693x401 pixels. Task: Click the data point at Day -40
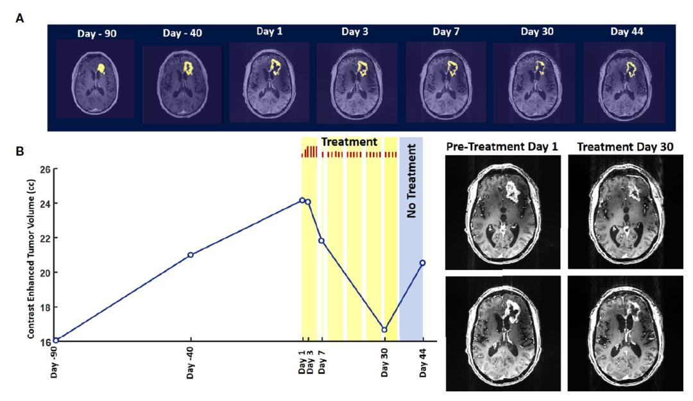coord(191,255)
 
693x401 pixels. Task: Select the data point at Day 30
coord(384,330)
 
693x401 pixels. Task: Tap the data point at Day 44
coord(422,262)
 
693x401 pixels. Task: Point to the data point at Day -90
coord(56,340)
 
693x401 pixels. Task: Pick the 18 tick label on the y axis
coord(45,307)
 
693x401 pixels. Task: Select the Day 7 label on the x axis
coord(322,363)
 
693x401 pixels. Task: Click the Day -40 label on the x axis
coord(191,364)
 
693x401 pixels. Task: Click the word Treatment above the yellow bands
coord(349,142)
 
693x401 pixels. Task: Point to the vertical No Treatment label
coord(411,182)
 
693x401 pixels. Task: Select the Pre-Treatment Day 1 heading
coord(501,148)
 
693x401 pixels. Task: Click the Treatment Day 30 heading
coord(625,148)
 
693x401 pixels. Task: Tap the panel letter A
coord(20,19)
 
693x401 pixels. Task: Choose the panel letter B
coord(20,151)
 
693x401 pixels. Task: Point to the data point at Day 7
coord(321,241)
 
